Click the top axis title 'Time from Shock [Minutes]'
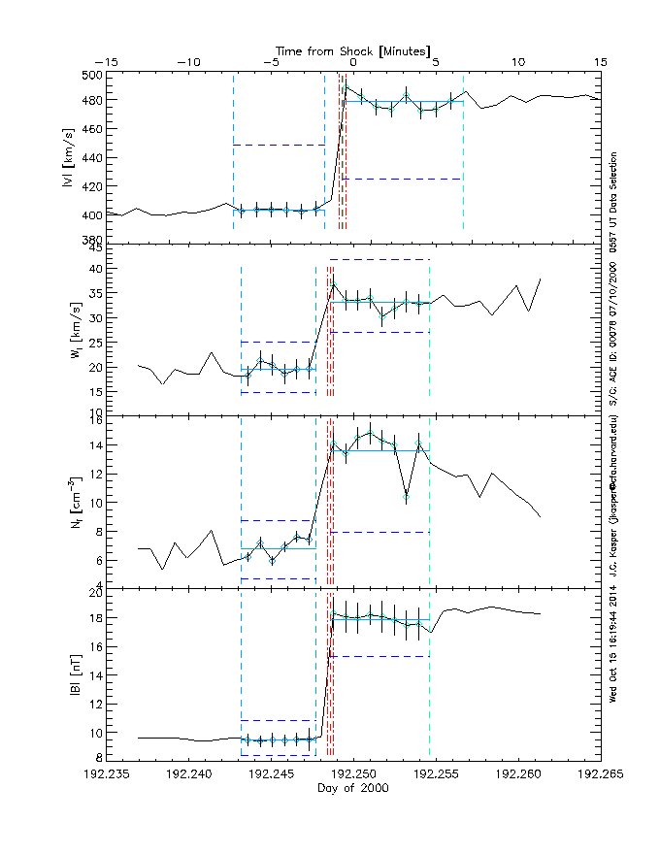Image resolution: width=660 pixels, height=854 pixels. tap(353, 49)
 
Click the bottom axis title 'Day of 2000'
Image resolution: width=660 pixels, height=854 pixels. tap(353, 789)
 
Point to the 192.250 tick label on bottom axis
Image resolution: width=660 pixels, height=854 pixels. tap(353, 774)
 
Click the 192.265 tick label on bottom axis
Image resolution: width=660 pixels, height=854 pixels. tap(601, 774)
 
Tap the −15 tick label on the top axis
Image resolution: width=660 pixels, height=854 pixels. tap(107, 62)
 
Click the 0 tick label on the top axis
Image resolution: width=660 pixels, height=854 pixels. tap(354, 62)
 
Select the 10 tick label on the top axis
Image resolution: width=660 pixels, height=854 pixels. tap(518, 62)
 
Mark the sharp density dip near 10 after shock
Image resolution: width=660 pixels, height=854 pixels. tap(407, 496)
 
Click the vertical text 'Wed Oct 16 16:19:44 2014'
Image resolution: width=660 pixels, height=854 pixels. tap(613, 644)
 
